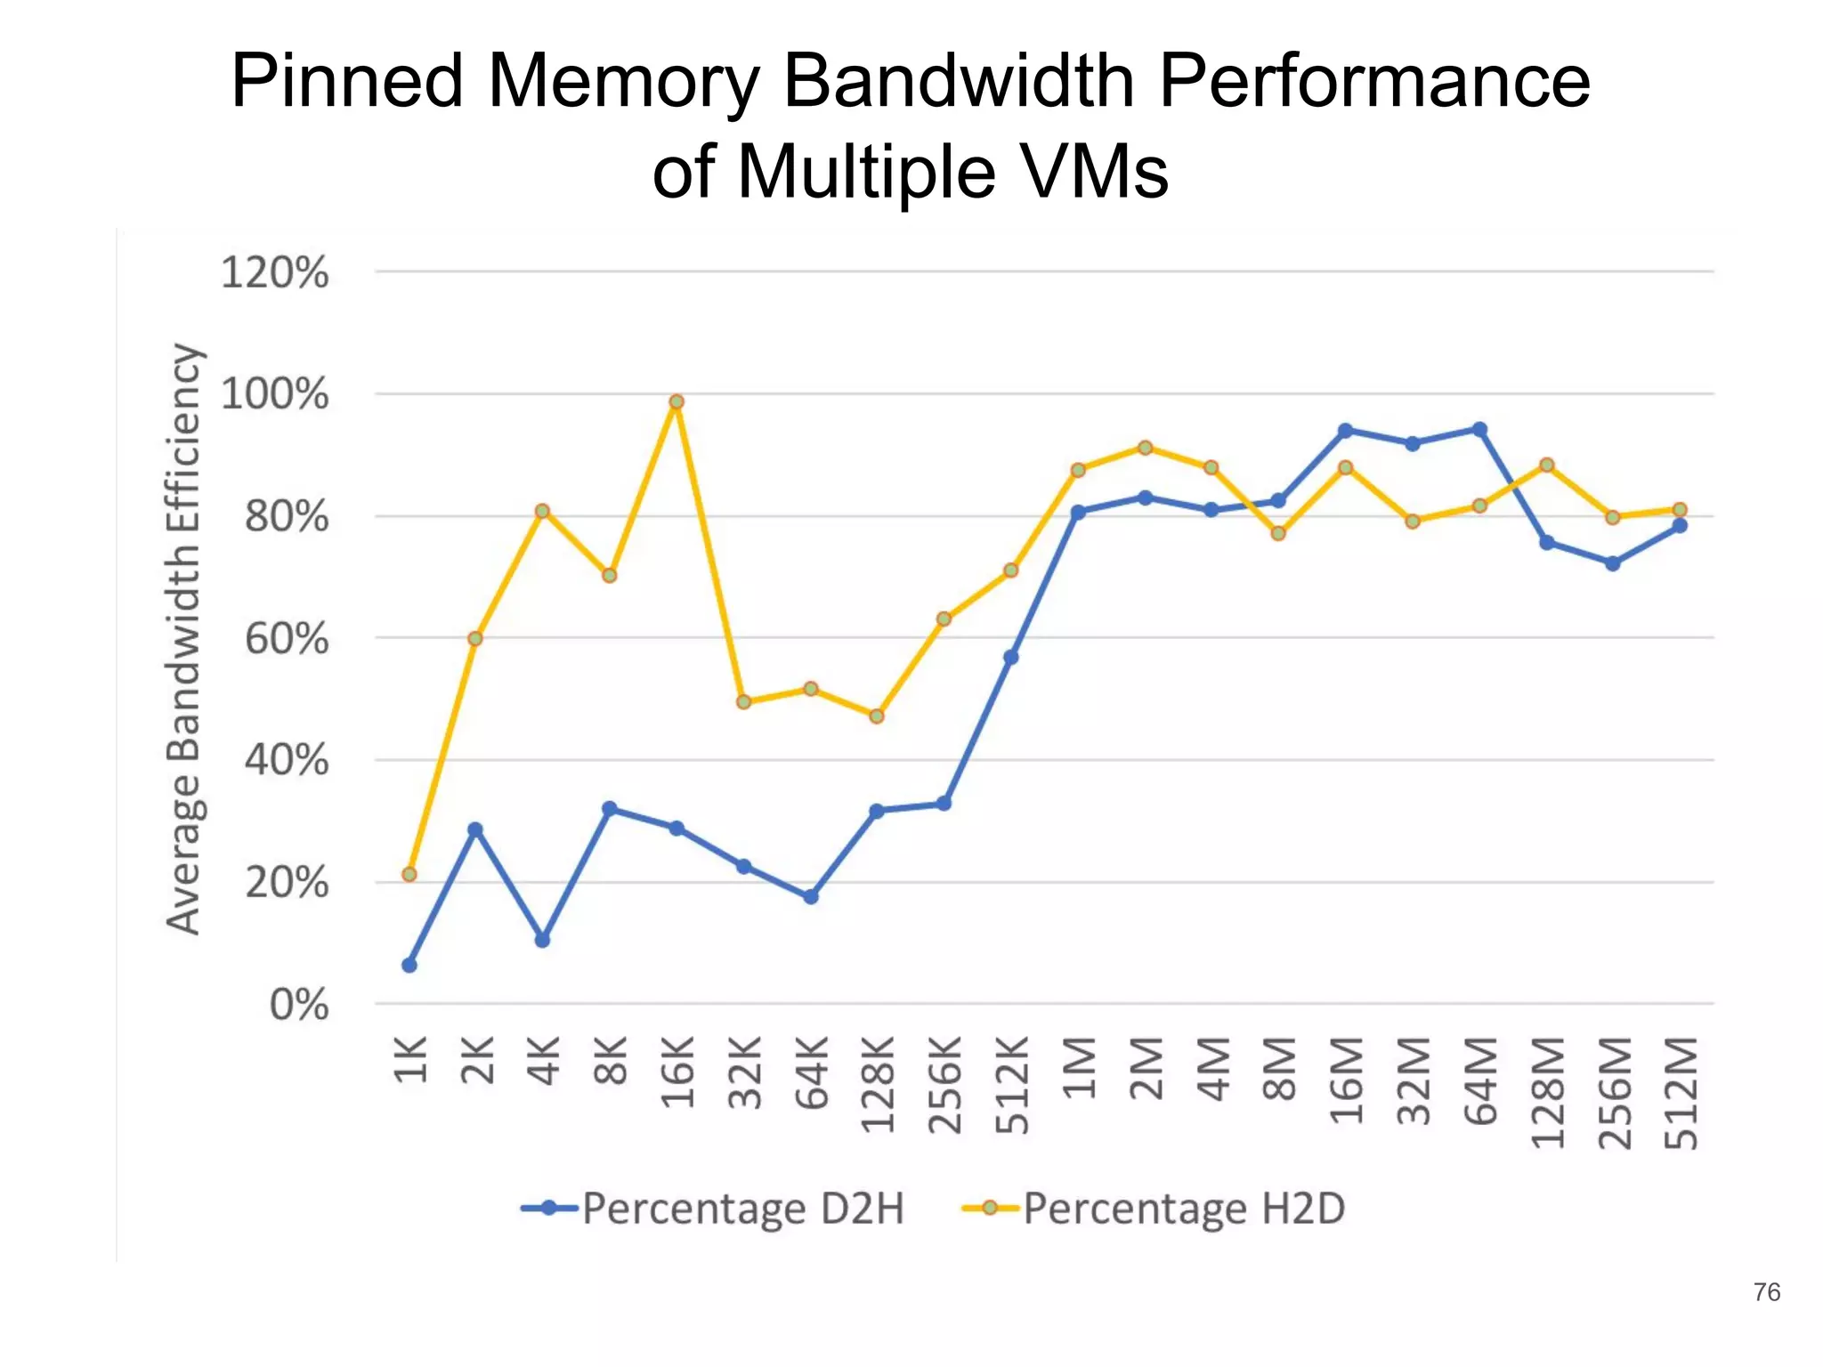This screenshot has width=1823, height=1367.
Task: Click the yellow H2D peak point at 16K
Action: [677, 402]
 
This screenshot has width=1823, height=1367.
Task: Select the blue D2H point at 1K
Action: [409, 965]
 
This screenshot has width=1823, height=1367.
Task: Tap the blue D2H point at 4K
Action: [542, 940]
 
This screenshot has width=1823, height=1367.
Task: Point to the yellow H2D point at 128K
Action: [877, 716]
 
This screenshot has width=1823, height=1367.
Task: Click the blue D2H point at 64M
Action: [1479, 430]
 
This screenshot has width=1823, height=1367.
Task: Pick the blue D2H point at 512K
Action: [1011, 657]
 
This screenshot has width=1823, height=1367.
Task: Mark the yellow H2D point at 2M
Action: [1146, 448]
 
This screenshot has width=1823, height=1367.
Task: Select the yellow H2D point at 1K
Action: [409, 875]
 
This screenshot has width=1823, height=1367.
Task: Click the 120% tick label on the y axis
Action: [274, 272]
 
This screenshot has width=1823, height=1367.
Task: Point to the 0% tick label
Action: [299, 1006]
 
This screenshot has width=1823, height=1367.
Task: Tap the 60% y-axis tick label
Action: [287, 639]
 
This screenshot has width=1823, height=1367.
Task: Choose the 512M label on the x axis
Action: [1681, 1092]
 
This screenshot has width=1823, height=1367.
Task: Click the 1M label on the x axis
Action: [1079, 1067]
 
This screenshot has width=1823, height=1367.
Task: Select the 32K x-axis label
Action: [744, 1072]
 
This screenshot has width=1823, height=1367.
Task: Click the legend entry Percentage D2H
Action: [712, 1209]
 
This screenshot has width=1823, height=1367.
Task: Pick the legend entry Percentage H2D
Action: [1154, 1209]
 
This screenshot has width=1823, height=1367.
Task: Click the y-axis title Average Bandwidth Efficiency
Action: [183, 639]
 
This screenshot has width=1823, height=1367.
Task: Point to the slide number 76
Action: [1766, 1292]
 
